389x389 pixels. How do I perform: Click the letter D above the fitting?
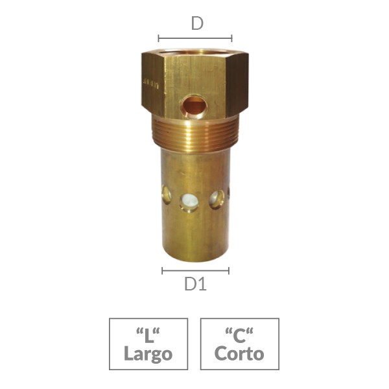coord(197,23)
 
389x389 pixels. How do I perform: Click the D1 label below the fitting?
coord(196,284)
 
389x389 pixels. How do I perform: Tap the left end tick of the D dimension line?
coord(159,38)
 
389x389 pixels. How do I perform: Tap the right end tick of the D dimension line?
coord(231,38)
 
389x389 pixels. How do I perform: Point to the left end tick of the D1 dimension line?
coord(162,271)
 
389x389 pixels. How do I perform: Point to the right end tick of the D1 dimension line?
coord(229,271)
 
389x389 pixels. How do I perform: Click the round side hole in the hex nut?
coord(194,107)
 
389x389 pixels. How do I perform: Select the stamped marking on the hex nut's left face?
coord(151,84)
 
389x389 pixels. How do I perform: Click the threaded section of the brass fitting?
coord(194,134)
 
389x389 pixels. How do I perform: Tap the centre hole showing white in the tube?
coord(189,202)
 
